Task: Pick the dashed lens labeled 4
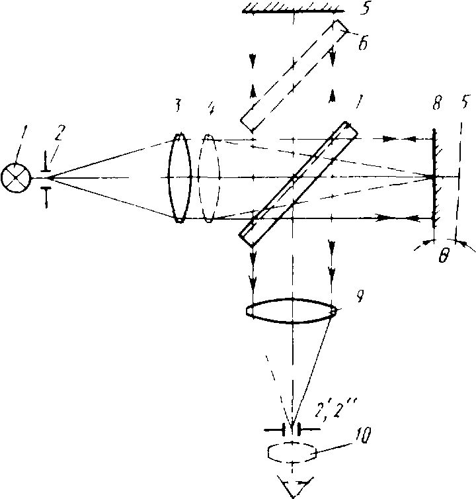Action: (208, 178)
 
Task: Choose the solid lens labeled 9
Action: (292, 310)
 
